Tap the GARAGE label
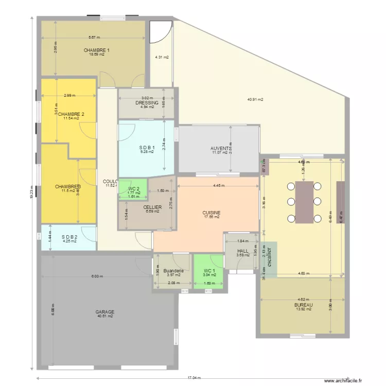click(104, 312)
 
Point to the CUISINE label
click(212, 212)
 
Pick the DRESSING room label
click(147, 103)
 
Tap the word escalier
click(268, 260)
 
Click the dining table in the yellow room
click(305, 202)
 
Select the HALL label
click(243, 251)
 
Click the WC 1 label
click(209, 270)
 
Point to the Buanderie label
click(173, 270)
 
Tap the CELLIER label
click(153, 207)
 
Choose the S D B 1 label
click(147, 147)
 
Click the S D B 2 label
click(69, 237)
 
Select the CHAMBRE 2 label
click(71, 114)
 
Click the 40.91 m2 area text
click(255, 99)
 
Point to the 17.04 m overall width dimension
click(194, 377)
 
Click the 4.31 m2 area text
click(162, 57)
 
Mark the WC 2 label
click(134, 188)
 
